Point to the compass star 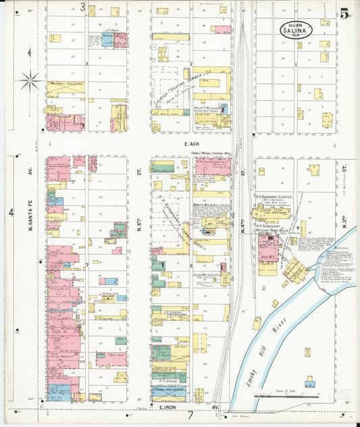[x=30, y=82]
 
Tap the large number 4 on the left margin [x=11, y=213]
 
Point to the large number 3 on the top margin [x=83, y=7]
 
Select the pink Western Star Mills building [x=268, y=247]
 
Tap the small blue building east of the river [x=309, y=383]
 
